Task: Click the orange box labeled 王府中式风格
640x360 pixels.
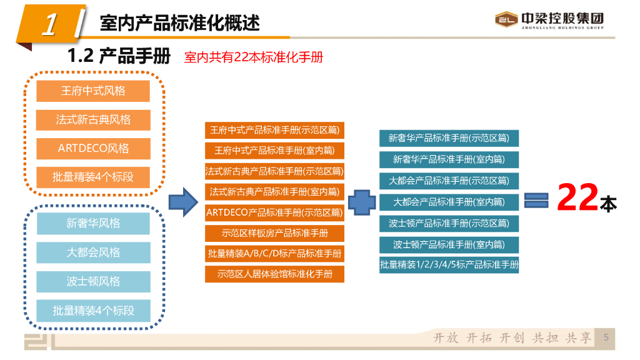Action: click(x=93, y=91)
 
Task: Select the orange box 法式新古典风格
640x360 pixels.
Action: click(x=93, y=120)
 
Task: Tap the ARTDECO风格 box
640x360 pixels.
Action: click(x=93, y=149)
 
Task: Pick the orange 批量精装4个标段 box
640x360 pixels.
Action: click(x=93, y=177)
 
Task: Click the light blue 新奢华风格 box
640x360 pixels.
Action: click(x=93, y=224)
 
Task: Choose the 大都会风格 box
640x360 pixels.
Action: click(x=93, y=253)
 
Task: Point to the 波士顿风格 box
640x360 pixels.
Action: click(x=93, y=282)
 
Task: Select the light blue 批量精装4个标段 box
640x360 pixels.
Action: click(x=93, y=311)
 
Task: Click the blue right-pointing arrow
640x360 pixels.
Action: click(x=184, y=201)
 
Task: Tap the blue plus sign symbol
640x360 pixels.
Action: click(x=362, y=202)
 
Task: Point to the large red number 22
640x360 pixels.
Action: click(x=577, y=199)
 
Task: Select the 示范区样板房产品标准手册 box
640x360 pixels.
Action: click(x=274, y=234)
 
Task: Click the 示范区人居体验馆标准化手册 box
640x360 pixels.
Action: click(x=274, y=274)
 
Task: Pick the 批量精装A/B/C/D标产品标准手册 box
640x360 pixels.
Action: click(x=274, y=254)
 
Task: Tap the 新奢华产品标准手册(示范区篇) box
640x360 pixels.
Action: click(x=449, y=138)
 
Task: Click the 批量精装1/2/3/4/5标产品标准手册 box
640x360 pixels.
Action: click(x=449, y=265)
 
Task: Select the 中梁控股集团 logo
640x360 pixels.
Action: click(x=550, y=21)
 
